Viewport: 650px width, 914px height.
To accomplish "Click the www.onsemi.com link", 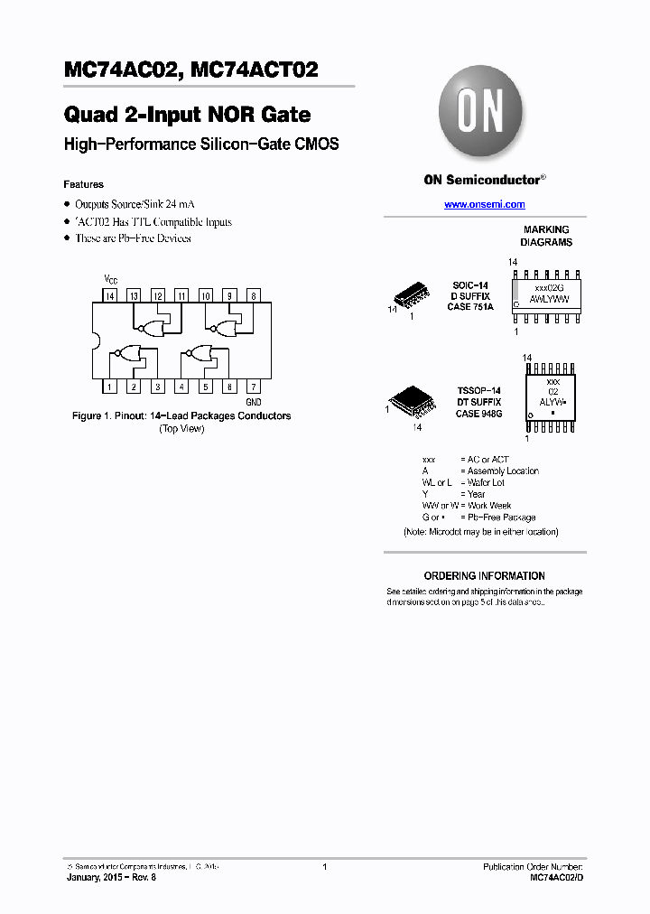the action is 484,205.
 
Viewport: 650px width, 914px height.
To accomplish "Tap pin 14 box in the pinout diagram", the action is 109,295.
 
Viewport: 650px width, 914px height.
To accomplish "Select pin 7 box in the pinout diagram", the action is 254,387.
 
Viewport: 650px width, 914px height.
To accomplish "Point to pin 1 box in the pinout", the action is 109,387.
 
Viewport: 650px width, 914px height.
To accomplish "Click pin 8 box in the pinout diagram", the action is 254,295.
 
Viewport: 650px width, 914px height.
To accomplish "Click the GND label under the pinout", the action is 254,401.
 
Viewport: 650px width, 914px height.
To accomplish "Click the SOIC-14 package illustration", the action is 410,295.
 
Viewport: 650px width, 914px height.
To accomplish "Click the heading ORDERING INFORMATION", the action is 484,575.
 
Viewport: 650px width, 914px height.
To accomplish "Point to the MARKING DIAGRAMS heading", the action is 546,236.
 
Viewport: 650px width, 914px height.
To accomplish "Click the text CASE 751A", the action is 470,307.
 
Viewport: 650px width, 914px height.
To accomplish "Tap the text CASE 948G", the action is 479,414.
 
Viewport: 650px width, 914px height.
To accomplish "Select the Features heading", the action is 83,184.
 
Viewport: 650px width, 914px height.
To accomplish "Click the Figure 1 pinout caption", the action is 181,416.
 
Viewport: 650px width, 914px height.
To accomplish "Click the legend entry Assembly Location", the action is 503,471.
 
